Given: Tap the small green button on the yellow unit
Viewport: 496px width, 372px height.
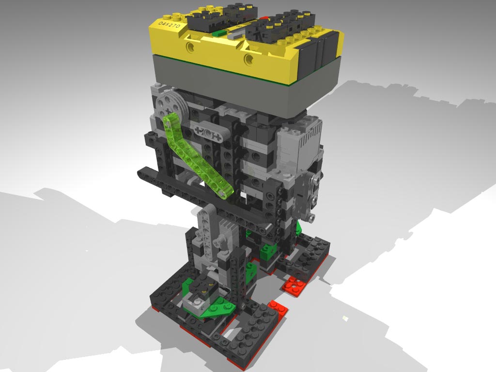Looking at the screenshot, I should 219,33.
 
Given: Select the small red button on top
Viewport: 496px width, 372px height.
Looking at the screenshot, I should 263,17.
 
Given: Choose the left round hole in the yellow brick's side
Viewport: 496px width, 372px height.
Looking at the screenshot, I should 190,47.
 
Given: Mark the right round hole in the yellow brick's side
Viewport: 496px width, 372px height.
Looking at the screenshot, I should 249,60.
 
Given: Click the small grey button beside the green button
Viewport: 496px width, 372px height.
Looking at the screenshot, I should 234,35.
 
